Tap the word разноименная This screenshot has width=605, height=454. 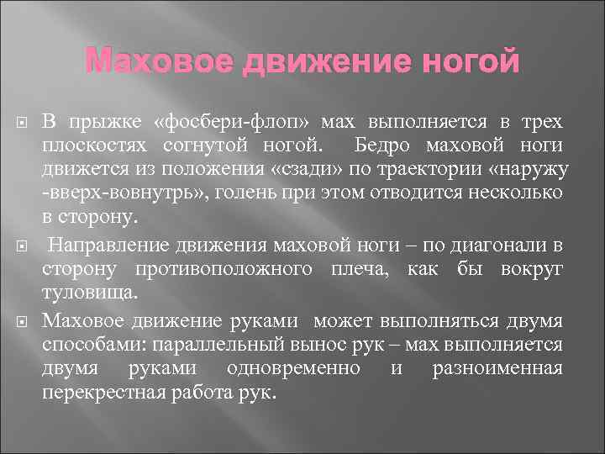point(499,369)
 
